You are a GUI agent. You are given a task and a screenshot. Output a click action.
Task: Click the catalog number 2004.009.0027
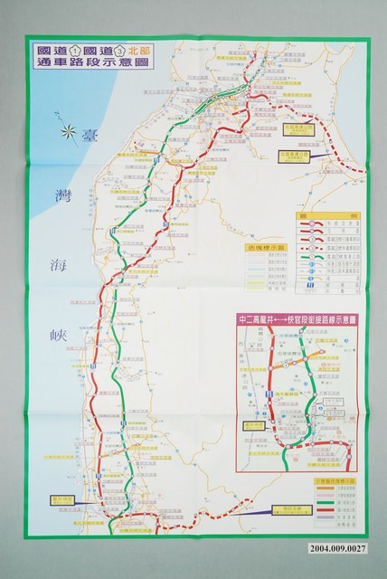tap(347, 565)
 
